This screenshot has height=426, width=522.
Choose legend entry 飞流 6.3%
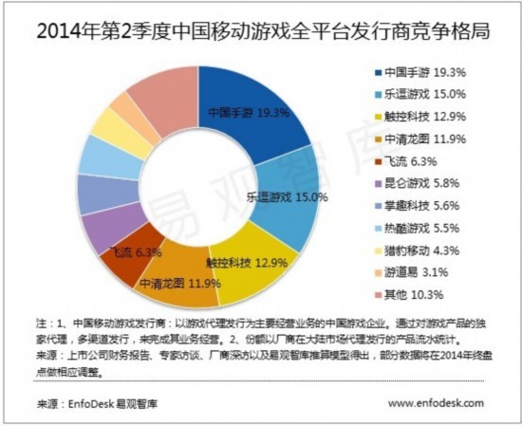point(408,159)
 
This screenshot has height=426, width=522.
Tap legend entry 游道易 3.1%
point(412,269)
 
